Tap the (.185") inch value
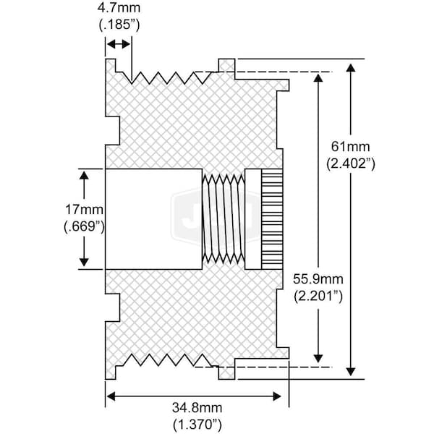click(x=119, y=25)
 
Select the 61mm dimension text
click(x=350, y=148)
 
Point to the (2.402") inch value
click(x=350, y=164)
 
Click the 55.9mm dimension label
click(x=318, y=278)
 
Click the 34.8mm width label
click(x=194, y=409)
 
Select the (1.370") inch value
click(x=194, y=425)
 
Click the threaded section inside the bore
click(x=223, y=218)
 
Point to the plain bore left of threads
click(x=153, y=218)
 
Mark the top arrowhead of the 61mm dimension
click(x=351, y=67)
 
